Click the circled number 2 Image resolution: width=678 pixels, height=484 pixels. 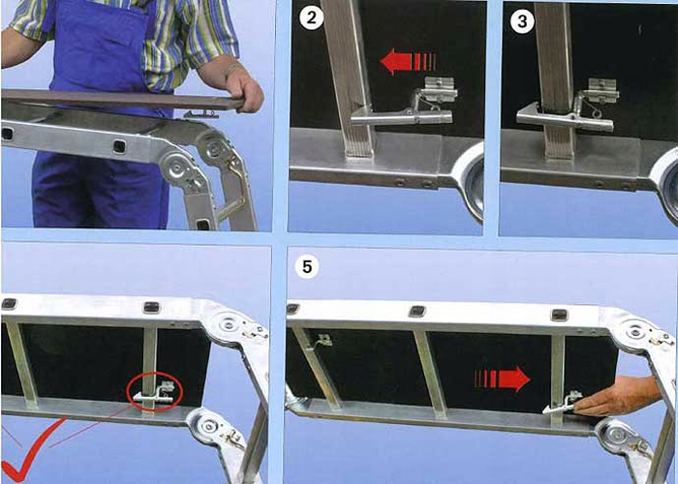click(311, 19)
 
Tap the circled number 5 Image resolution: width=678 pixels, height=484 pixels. click(307, 266)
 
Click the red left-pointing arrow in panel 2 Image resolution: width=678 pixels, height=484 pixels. click(408, 61)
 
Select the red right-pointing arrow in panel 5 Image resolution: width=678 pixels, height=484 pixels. click(503, 379)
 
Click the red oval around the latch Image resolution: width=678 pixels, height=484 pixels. click(154, 391)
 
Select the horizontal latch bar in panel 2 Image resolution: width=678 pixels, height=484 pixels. click(401, 116)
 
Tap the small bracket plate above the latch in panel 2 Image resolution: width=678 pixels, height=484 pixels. click(441, 89)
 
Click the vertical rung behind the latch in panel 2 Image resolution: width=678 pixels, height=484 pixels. click(350, 77)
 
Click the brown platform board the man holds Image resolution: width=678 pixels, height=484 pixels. click(122, 99)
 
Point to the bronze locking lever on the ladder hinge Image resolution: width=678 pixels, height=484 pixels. click(232, 185)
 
